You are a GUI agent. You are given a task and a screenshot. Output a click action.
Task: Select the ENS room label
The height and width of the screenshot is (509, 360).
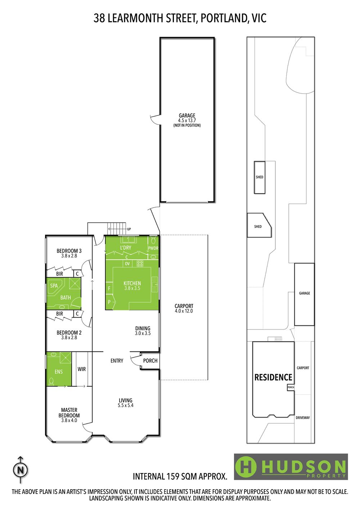[59, 372]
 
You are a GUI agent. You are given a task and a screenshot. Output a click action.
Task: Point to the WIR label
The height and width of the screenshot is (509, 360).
[82, 369]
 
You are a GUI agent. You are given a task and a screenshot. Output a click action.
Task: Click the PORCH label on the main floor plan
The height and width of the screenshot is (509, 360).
[150, 360]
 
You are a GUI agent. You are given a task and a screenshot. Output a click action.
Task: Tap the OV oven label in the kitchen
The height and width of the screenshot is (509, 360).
[127, 264]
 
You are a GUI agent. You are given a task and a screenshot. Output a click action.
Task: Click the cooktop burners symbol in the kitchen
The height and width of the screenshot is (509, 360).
[140, 264]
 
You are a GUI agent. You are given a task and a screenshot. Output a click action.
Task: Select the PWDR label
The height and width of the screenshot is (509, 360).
[153, 248]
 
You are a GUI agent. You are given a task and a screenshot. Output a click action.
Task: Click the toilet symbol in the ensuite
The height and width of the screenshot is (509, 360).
[51, 381]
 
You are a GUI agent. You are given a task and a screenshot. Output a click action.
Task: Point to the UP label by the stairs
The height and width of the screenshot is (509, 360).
[129, 229]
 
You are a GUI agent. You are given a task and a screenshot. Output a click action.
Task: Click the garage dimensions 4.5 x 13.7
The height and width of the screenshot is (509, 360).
[187, 120]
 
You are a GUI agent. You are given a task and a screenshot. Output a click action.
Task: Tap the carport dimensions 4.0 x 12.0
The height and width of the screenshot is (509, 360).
[184, 311]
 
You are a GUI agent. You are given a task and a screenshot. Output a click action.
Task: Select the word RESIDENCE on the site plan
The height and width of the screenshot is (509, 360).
[273, 377]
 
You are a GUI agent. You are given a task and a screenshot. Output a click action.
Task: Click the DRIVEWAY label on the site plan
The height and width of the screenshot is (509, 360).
[303, 418]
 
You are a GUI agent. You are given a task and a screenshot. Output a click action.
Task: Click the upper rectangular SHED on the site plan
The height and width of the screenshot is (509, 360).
[260, 177]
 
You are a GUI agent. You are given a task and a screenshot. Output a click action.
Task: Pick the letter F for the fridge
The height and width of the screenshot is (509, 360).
[109, 288]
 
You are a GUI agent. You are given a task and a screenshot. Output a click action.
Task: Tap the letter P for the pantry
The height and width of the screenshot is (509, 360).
[109, 302]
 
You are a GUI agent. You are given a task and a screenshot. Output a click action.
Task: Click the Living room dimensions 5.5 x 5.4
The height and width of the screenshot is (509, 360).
[126, 405]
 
